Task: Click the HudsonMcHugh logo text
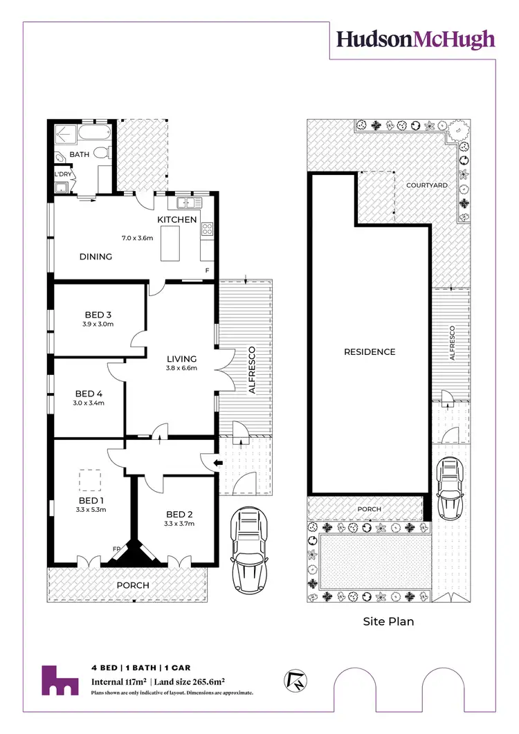[x=416, y=39]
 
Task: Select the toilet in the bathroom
[x=101, y=153]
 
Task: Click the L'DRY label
[x=64, y=174]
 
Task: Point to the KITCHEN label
[x=177, y=220]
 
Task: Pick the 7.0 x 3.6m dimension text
[x=137, y=238]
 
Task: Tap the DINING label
[x=95, y=257]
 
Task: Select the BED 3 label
[x=94, y=315]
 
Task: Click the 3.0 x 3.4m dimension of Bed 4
[x=89, y=403]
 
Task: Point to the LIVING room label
[x=182, y=359]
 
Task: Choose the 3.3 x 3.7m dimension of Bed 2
[x=179, y=524]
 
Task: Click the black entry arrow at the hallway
[x=217, y=464]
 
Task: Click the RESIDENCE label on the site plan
[x=370, y=351]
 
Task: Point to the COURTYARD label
[x=426, y=185]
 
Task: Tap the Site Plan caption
[x=388, y=621]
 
